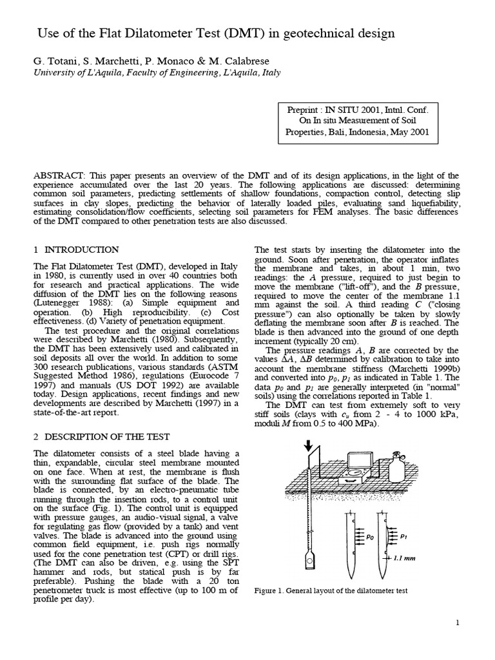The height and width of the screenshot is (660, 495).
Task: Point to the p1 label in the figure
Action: [x=403, y=534]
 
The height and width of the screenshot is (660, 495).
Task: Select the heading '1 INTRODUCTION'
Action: [x=76, y=249]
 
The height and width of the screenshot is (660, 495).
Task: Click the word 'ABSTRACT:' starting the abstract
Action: [x=58, y=175]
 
